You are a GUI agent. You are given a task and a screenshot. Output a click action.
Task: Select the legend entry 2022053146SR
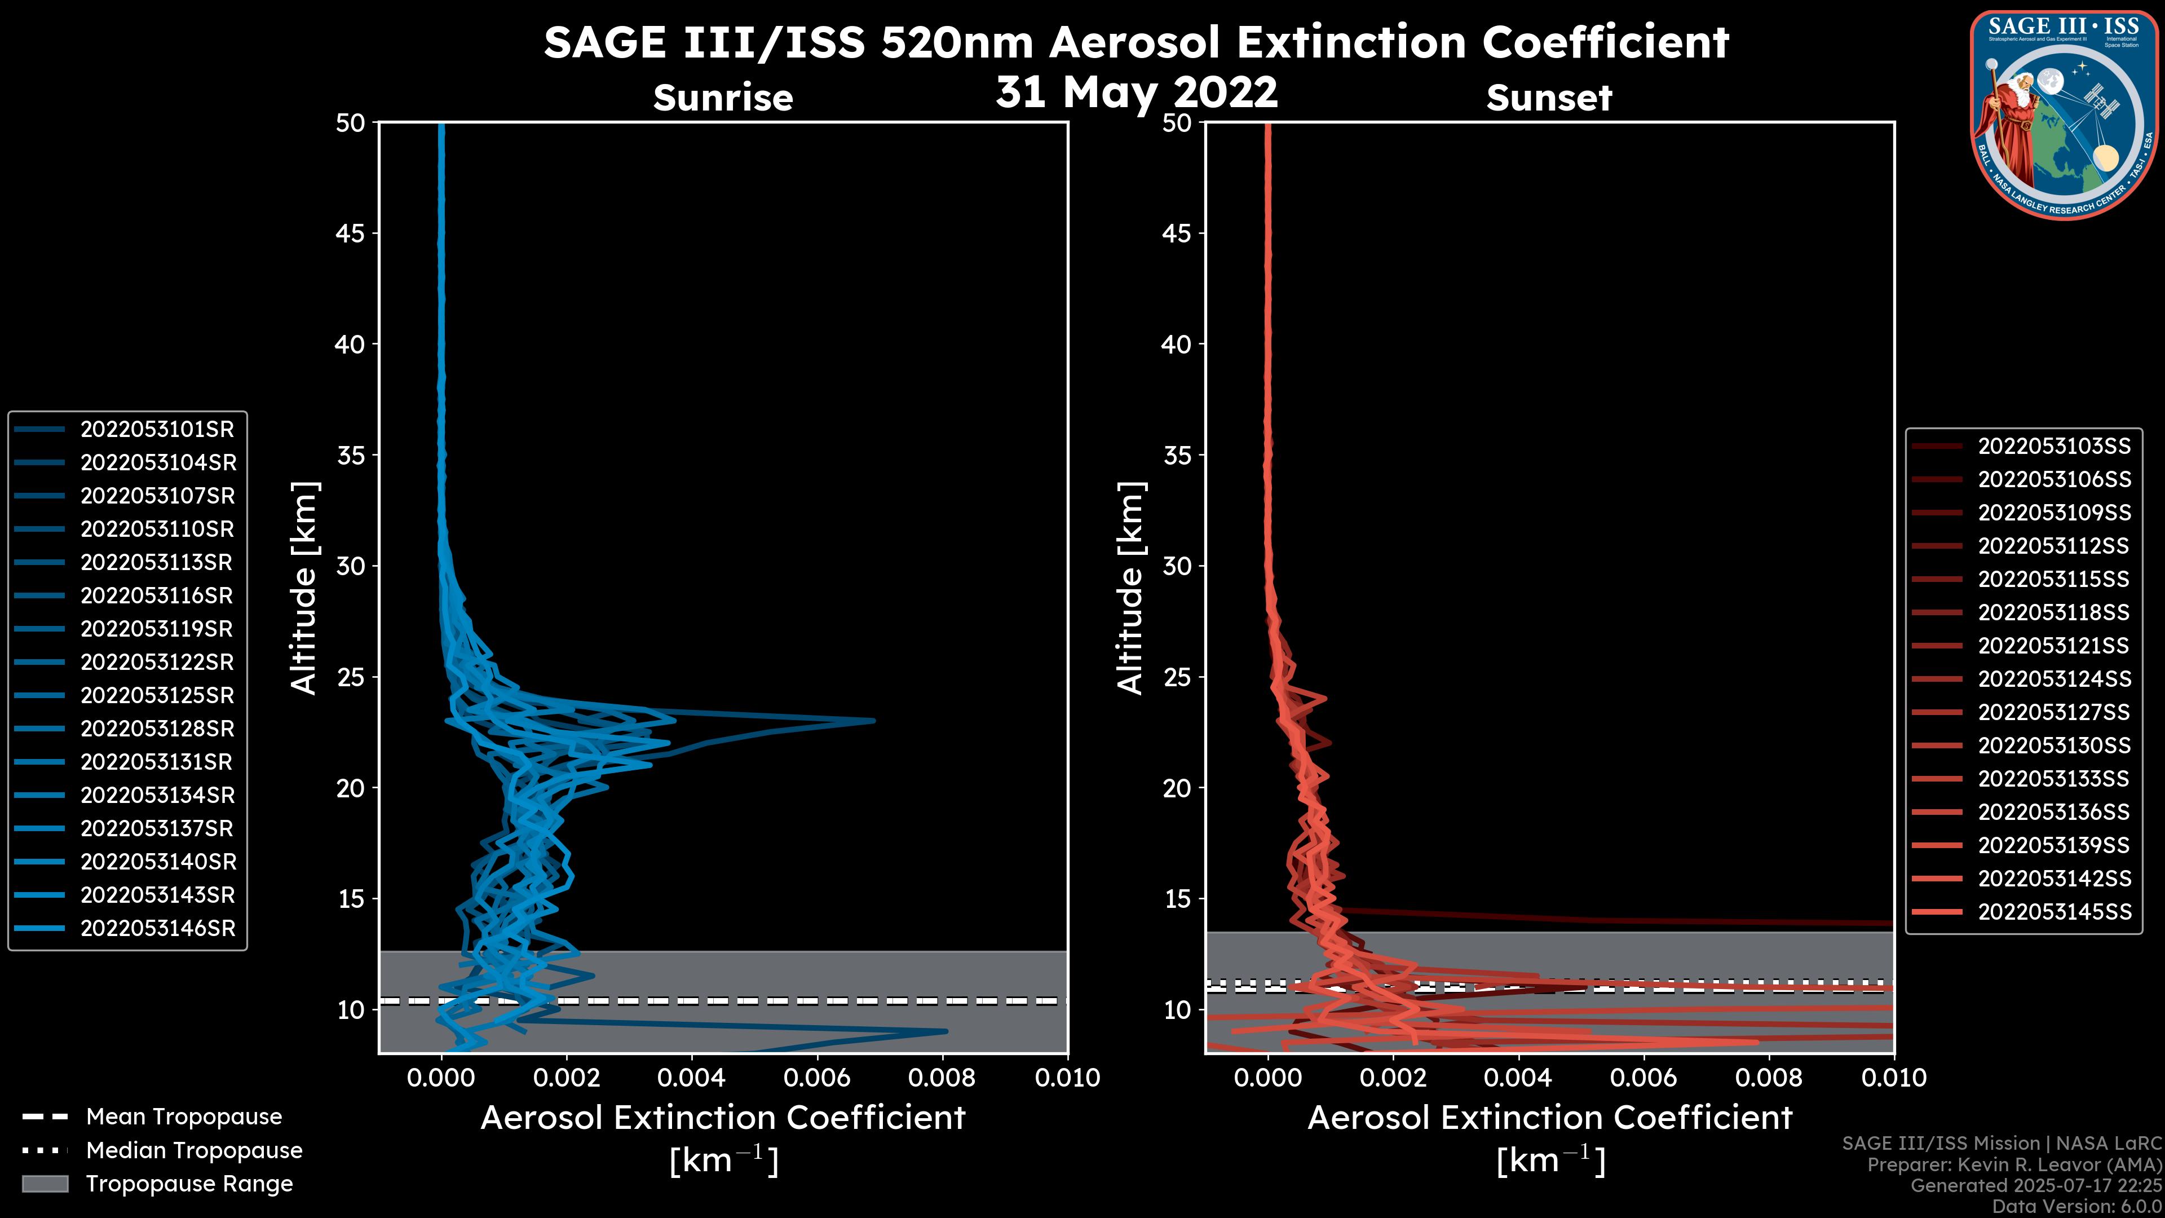pyautogui.click(x=158, y=929)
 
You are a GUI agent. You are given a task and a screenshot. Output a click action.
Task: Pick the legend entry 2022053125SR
pyautogui.click(x=157, y=696)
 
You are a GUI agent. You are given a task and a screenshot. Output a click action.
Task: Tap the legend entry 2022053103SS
pyautogui.click(x=2054, y=447)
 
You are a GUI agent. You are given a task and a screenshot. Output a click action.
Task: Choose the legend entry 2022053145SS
pyautogui.click(x=2054, y=912)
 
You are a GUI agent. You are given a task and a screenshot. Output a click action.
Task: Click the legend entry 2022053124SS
pyautogui.click(x=2054, y=679)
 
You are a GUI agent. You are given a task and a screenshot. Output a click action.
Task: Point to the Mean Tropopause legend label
pyautogui.click(x=184, y=1117)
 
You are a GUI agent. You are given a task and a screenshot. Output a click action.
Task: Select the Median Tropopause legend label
pyautogui.click(x=194, y=1151)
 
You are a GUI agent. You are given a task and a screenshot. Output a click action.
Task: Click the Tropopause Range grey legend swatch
pyautogui.click(x=45, y=1184)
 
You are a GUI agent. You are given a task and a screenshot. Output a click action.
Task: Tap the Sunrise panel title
pyautogui.click(x=723, y=98)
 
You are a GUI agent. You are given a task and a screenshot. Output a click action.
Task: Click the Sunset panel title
pyautogui.click(x=1549, y=98)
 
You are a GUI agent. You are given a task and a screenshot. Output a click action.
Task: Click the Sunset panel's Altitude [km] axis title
pyautogui.click(x=1130, y=588)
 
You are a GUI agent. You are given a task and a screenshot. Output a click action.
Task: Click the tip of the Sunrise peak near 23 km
pyautogui.click(x=873, y=721)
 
